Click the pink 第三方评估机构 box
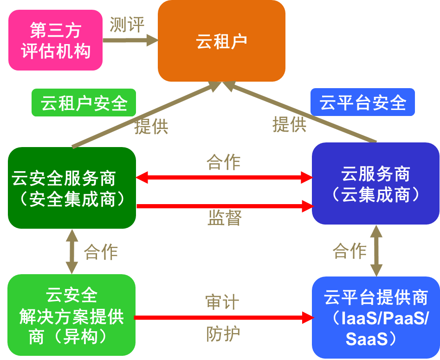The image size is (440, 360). [x=55, y=40]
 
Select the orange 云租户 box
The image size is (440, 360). [x=221, y=41]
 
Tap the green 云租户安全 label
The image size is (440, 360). [x=84, y=103]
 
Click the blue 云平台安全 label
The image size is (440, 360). [x=362, y=102]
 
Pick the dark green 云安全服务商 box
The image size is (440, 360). [x=72, y=188]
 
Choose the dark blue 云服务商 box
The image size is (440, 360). [x=375, y=184]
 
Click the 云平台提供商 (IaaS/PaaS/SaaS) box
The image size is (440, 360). [x=375, y=318]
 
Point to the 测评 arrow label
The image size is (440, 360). [x=127, y=25]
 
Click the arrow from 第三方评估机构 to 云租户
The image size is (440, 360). [x=130, y=40]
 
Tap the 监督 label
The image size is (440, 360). [x=224, y=218]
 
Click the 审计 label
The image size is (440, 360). [x=222, y=302]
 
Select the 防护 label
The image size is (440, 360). [x=222, y=334]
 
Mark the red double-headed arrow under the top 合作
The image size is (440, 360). [x=224, y=177]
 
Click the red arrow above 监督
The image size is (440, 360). [x=224, y=206]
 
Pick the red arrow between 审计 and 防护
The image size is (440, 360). [x=224, y=318]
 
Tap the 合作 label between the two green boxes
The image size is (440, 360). [x=101, y=252]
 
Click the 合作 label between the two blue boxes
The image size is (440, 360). [x=349, y=251]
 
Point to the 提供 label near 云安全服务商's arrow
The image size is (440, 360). [x=151, y=126]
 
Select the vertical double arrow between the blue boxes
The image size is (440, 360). [x=376, y=251]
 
